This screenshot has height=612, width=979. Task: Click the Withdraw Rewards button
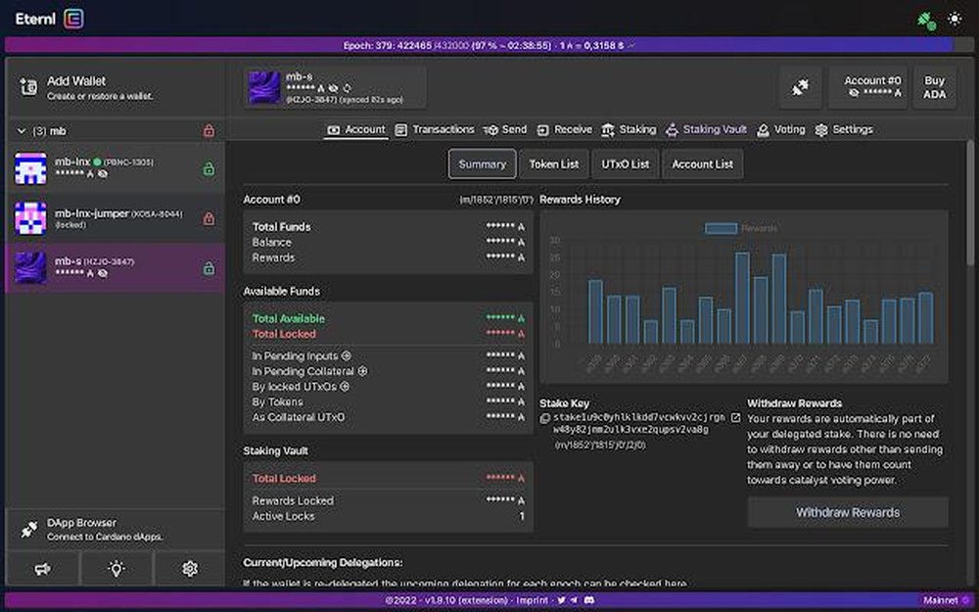click(x=847, y=512)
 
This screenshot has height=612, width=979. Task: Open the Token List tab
click(x=554, y=165)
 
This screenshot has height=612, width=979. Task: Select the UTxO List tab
click(x=626, y=165)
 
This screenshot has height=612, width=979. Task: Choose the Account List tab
click(x=702, y=165)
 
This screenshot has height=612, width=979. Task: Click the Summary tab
click(x=482, y=165)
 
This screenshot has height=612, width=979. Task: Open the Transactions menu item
click(x=435, y=129)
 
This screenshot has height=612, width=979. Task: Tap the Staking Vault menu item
click(x=706, y=129)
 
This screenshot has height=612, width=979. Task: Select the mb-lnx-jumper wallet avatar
click(x=30, y=218)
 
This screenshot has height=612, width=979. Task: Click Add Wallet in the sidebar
click(x=75, y=81)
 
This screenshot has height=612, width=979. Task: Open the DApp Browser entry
click(x=81, y=523)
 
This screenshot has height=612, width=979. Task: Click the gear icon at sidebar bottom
click(x=190, y=568)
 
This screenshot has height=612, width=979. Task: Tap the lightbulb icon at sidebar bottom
click(x=116, y=568)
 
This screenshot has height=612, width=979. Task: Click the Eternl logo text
click(x=34, y=19)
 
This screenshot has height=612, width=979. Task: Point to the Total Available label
click(x=288, y=318)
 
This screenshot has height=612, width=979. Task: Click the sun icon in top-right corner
click(x=956, y=19)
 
